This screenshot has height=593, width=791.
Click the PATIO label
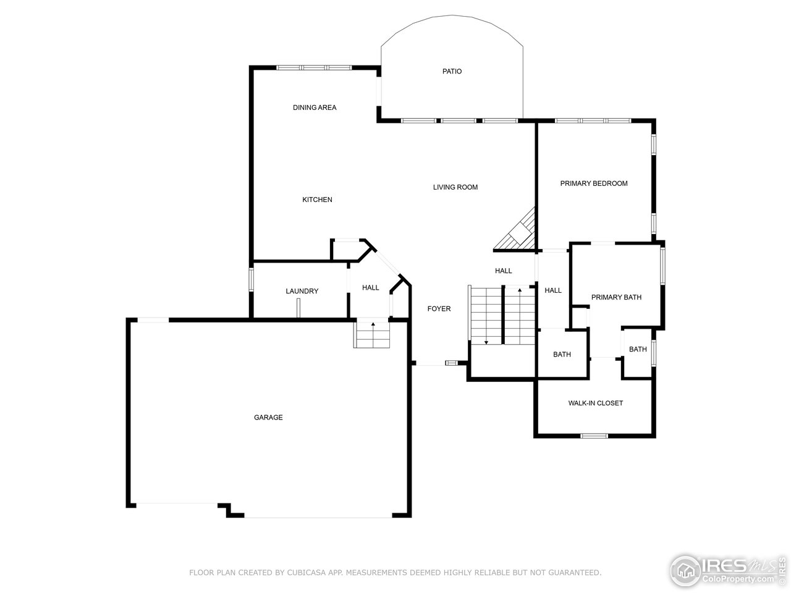452,72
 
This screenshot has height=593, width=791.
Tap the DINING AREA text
315,107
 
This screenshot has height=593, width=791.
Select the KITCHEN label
317,200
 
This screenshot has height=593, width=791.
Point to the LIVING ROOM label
455,187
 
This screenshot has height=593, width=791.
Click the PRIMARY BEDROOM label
593,183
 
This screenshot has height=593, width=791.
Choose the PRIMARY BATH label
615,297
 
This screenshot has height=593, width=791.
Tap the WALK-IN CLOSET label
595,403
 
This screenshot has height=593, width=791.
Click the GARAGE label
268,418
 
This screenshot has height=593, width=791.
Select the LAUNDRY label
302,291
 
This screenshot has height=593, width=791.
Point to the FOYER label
439,309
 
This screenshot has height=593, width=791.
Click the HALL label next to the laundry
370,288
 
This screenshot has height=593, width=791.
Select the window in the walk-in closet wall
594,435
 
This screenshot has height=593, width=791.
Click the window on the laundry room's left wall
252,279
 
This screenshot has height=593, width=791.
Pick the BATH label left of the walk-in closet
562,355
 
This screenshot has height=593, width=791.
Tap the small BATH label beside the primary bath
637,350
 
